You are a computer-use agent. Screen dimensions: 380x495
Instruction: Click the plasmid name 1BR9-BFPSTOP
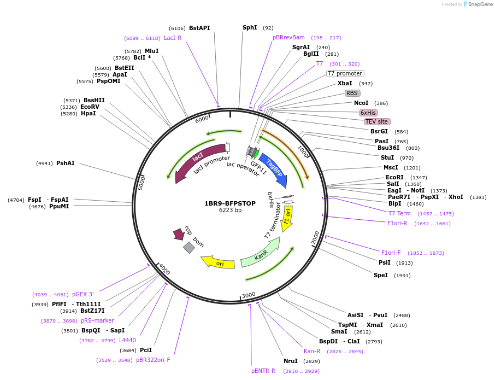(230, 203)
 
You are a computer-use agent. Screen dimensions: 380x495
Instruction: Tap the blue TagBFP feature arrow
(273, 169)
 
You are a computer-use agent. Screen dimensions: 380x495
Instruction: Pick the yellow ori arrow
(219, 263)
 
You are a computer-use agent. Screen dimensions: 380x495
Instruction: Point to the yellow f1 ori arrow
(287, 219)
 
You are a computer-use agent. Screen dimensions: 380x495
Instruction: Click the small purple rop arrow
(179, 234)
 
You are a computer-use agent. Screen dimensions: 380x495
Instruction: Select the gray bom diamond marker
(188, 248)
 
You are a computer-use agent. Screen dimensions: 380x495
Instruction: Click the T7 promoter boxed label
(345, 73)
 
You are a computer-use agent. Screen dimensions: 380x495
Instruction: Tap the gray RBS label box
(352, 93)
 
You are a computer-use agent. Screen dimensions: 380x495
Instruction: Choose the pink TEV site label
(377, 121)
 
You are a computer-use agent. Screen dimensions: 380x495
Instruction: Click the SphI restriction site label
(250, 27)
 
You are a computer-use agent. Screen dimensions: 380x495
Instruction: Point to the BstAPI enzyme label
(199, 28)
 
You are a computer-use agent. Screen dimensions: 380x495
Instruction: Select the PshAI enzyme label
(65, 163)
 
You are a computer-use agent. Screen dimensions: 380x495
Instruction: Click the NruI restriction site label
(291, 361)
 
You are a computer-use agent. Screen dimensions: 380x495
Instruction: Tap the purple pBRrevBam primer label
(288, 37)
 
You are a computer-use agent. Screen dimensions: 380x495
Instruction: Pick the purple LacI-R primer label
(173, 38)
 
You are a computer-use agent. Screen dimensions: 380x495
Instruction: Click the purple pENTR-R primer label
(263, 371)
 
